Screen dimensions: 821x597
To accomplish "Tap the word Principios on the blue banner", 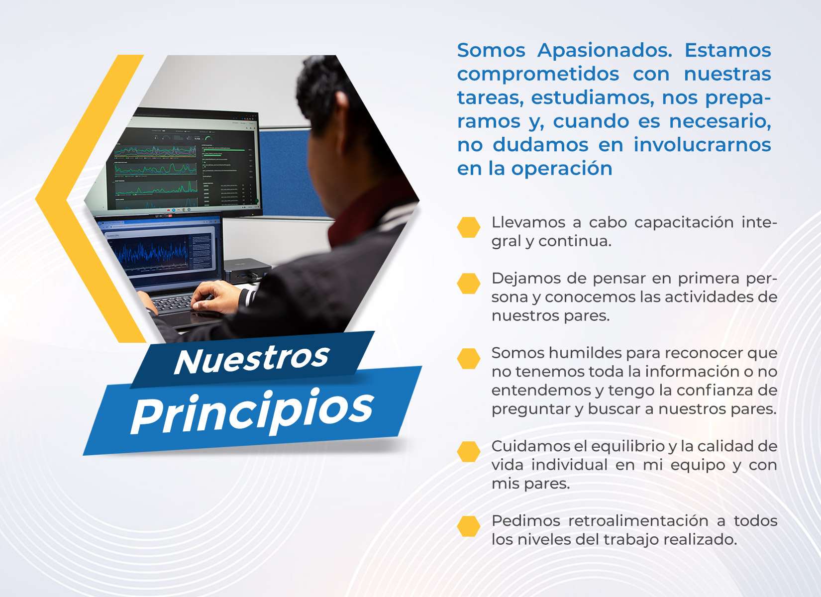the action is click(253, 410).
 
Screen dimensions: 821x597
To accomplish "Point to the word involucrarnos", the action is click(702, 144).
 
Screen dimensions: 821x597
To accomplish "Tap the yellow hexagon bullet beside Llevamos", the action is click(468, 227).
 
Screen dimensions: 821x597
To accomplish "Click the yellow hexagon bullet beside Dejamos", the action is click(468, 283).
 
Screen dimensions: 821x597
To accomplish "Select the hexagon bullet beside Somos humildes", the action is click(468, 358).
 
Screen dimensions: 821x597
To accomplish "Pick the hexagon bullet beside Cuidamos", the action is click(468, 452).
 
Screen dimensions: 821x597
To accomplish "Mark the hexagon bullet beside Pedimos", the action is click(468, 526).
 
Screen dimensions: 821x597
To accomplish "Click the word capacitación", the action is click(683, 223).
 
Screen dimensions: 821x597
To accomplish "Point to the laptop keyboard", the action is click(172, 303).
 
